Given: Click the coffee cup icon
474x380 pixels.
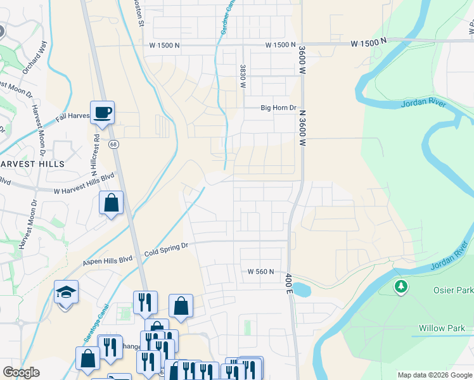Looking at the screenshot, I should (x=102, y=113).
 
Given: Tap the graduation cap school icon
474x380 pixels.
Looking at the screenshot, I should (x=66, y=293).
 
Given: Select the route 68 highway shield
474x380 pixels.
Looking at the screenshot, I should (x=113, y=144).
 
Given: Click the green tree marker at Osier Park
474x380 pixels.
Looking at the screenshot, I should (x=400, y=287).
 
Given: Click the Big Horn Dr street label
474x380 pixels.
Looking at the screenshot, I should (x=279, y=108).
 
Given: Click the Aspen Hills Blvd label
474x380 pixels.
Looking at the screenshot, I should (x=108, y=260).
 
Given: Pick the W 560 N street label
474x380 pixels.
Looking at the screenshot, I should (x=260, y=272).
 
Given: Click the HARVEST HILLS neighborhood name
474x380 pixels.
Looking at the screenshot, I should (x=32, y=163).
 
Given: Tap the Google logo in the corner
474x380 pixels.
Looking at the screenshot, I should (x=21, y=372).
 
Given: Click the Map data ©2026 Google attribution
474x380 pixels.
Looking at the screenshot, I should (x=434, y=375).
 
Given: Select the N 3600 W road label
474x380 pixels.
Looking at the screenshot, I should (x=303, y=127).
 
